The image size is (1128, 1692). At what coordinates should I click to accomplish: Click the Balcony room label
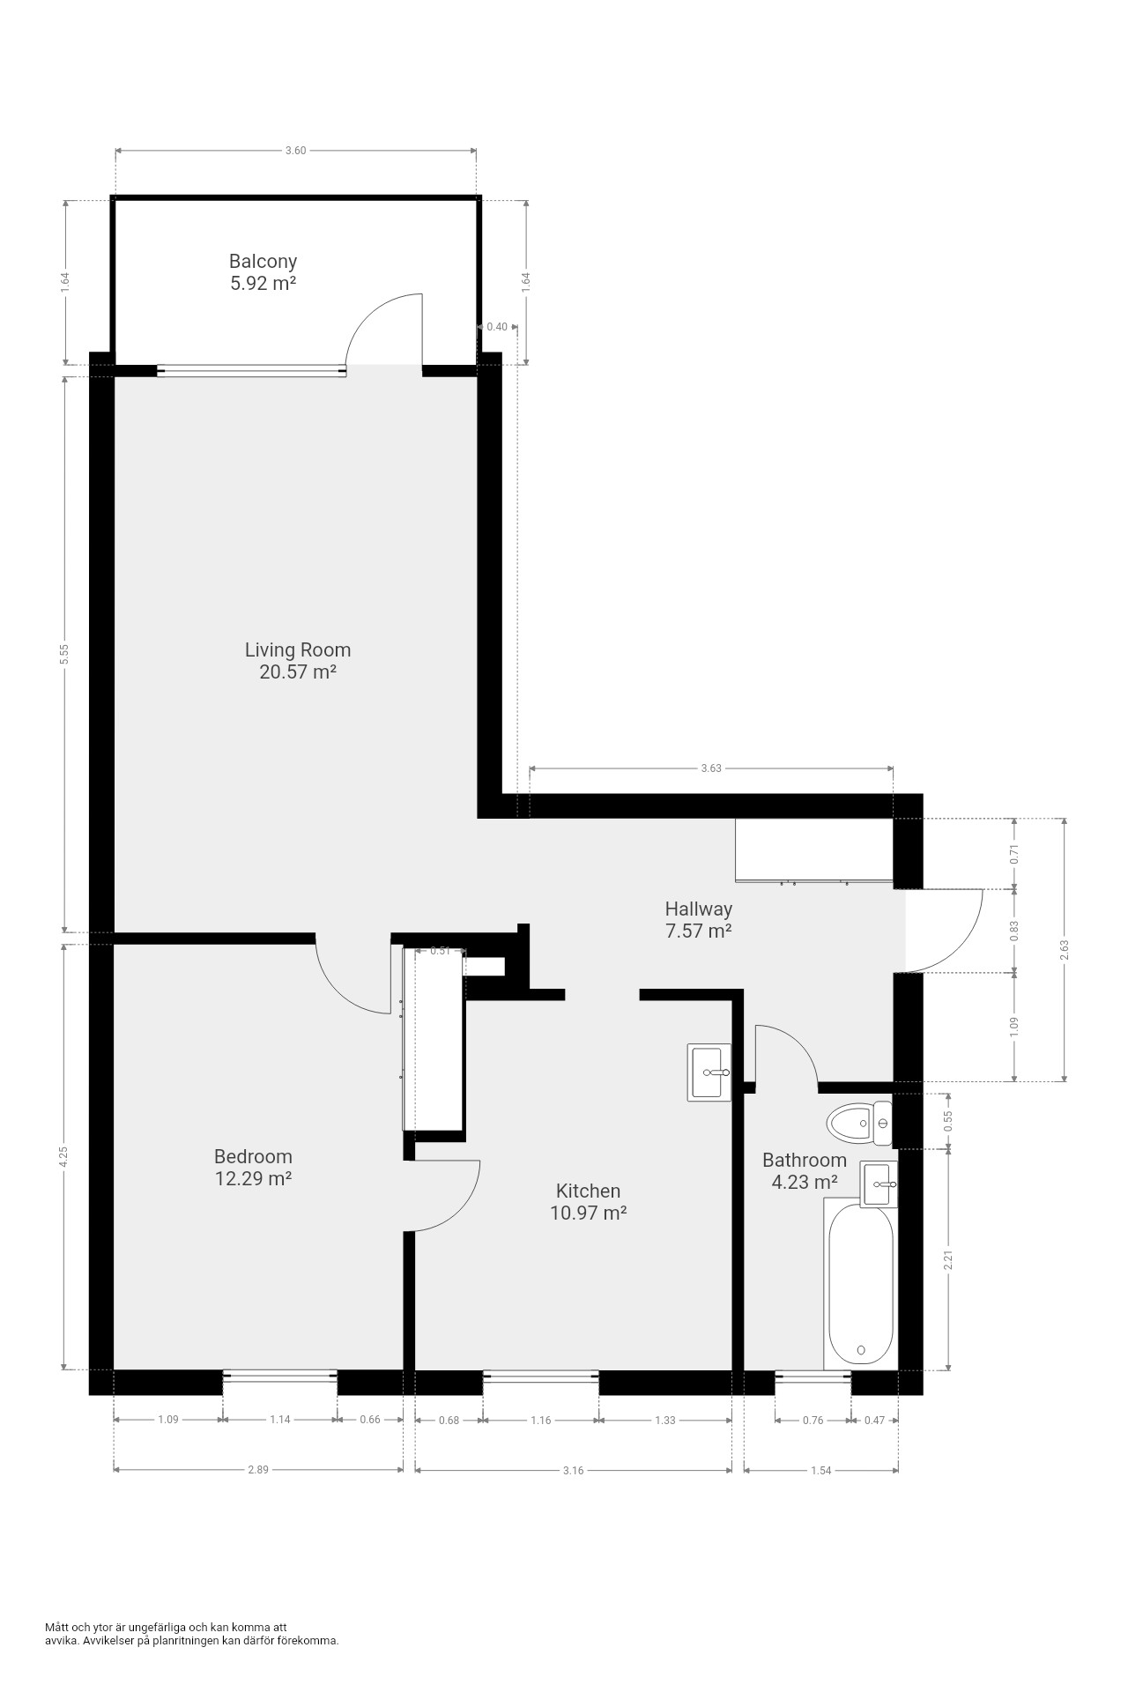point(263,261)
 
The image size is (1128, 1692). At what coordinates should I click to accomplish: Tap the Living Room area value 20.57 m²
point(298,672)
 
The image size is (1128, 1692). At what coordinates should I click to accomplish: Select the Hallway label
point(699,909)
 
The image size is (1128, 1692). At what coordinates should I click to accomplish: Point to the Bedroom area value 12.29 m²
point(254,1178)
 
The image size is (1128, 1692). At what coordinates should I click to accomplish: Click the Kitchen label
point(588,1191)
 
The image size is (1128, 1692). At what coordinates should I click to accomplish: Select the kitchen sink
point(709,1072)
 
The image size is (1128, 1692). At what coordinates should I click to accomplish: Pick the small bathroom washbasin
point(879,1184)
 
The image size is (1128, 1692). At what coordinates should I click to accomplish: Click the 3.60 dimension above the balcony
point(295,151)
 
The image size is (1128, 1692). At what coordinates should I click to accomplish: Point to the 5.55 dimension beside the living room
point(64,654)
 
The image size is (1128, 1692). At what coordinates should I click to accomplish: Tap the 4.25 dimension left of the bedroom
point(64,1157)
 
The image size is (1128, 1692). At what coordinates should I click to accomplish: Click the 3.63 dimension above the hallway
point(711,768)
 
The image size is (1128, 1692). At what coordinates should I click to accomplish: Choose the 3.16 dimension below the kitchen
point(573,1470)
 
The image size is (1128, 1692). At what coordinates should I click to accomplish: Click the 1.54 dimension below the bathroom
point(821,1470)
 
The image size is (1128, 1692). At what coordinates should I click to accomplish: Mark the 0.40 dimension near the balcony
point(497,327)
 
